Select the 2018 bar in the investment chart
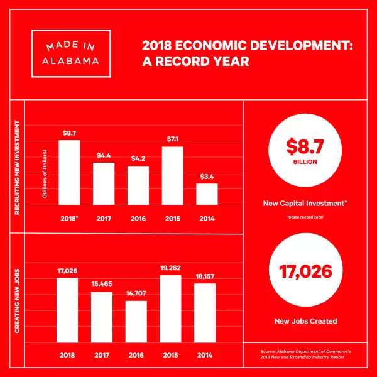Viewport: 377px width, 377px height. pyautogui.click(x=69, y=172)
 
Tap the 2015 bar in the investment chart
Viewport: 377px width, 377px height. pyautogui.click(x=172, y=175)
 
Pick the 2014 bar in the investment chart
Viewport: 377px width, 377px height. pyautogui.click(x=207, y=194)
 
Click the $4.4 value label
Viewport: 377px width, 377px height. pyautogui.click(x=104, y=155)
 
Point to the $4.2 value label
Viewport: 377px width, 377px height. pyautogui.click(x=138, y=158)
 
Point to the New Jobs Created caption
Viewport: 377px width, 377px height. pyautogui.click(x=305, y=321)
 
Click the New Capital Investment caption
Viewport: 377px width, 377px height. pyautogui.click(x=307, y=204)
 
